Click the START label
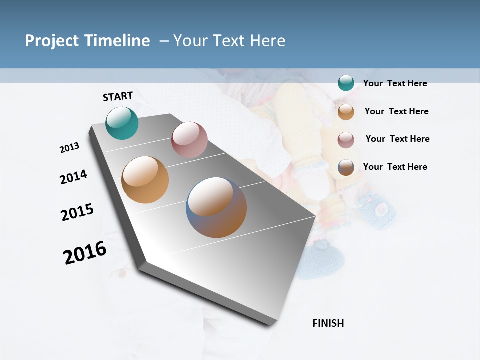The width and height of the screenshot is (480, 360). coord(118,96)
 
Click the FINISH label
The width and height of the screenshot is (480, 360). coord(328,323)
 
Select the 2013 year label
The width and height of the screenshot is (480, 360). coord(70,148)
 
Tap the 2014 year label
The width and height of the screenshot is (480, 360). coord(73,177)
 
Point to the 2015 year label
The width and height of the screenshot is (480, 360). coord(77,212)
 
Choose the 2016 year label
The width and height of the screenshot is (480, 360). coord(85,252)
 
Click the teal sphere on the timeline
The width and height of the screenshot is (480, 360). coord(122,123)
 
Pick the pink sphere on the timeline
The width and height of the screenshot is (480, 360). coord(189,140)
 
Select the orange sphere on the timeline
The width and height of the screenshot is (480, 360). coord(145,180)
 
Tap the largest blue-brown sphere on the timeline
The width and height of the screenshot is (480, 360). coord(216,207)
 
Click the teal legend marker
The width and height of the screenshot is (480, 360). coord(346,83)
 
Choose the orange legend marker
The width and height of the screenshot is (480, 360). coord(346,111)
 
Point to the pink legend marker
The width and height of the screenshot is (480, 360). coord(346,139)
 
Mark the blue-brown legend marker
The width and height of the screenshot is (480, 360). coord(346,167)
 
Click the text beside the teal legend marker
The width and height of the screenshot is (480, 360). coord(395,83)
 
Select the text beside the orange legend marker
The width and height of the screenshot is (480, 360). coord(396,111)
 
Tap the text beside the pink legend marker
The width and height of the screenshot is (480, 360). coord(397,139)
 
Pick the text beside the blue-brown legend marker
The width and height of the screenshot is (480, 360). coord(395,167)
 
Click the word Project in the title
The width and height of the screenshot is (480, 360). coord(52,41)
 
